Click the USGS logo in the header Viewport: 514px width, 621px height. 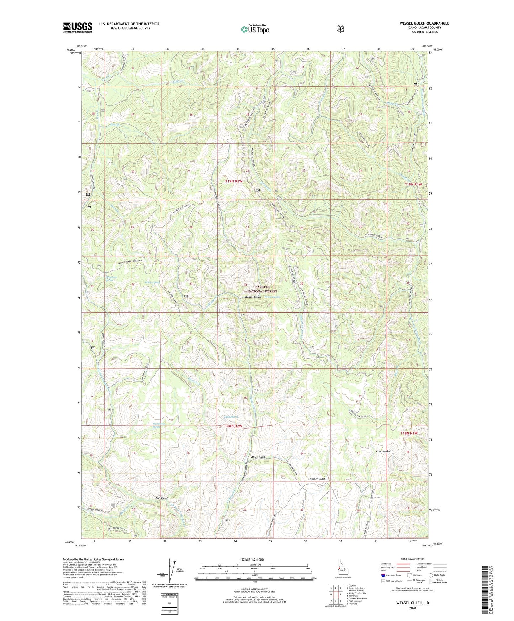click(78, 27)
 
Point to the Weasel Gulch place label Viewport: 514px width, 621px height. click(253, 297)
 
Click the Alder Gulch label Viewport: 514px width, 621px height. click(258, 457)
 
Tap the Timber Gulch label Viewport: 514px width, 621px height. click(317, 479)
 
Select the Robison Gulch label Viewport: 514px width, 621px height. click(385, 451)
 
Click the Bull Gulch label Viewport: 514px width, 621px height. click(162, 498)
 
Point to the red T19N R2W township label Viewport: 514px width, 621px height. click(234, 181)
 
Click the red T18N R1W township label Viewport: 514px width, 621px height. click(408, 433)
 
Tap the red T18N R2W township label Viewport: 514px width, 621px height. click(233, 426)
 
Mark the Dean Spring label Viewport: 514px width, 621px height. click(231, 417)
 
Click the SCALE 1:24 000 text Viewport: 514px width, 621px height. click(252, 559)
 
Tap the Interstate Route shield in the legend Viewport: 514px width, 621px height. click(383, 575)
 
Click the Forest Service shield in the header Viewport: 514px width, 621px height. click(340, 29)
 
